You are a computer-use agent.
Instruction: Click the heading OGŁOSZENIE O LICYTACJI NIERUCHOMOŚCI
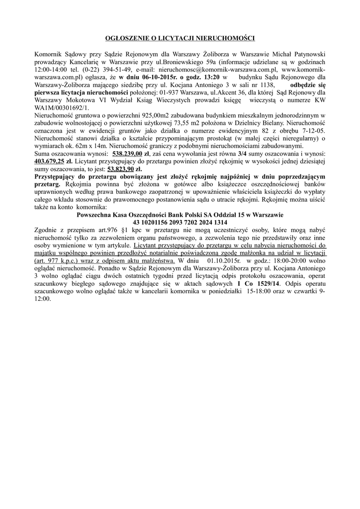coord(180,38)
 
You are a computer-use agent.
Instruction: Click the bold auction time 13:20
coord(209,78)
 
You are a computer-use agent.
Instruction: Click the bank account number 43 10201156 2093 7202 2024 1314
coord(180,222)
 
